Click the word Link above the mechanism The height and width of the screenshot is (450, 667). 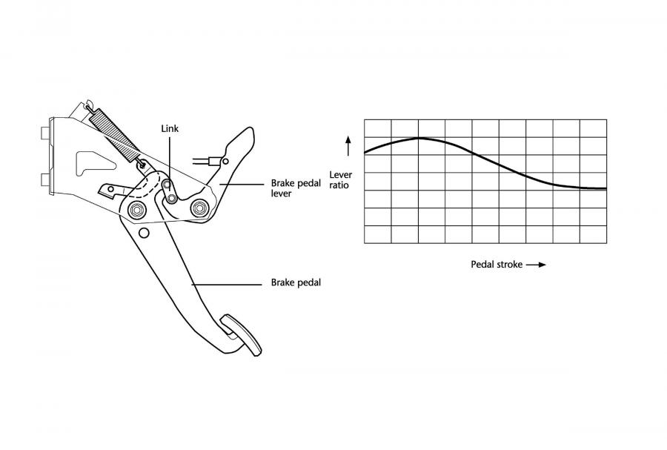coord(170,128)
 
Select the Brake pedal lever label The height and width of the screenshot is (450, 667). coord(296,188)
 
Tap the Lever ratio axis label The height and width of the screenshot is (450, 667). coord(341,180)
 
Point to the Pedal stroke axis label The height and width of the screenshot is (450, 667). coord(497,264)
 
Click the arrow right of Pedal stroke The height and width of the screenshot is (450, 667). coord(536,265)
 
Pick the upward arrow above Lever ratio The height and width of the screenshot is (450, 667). coord(348,146)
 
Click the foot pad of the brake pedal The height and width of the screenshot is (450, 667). coord(241,334)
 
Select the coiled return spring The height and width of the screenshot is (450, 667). coord(115,135)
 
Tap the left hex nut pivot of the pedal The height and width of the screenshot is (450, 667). coord(137,209)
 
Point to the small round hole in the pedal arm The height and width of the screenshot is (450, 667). coord(145,233)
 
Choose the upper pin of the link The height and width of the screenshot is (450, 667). coord(167,185)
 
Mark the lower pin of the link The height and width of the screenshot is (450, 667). coord(172,198)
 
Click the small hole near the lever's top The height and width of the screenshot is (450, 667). coord(225,161)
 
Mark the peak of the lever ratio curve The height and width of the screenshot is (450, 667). coord(419,138)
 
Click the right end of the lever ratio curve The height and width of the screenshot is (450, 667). coord(606,188)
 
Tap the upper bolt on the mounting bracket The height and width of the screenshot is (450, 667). coord(44,133)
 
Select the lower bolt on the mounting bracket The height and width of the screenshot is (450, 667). coord(45,180)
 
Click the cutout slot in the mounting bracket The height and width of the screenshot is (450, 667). coord(93,163)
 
